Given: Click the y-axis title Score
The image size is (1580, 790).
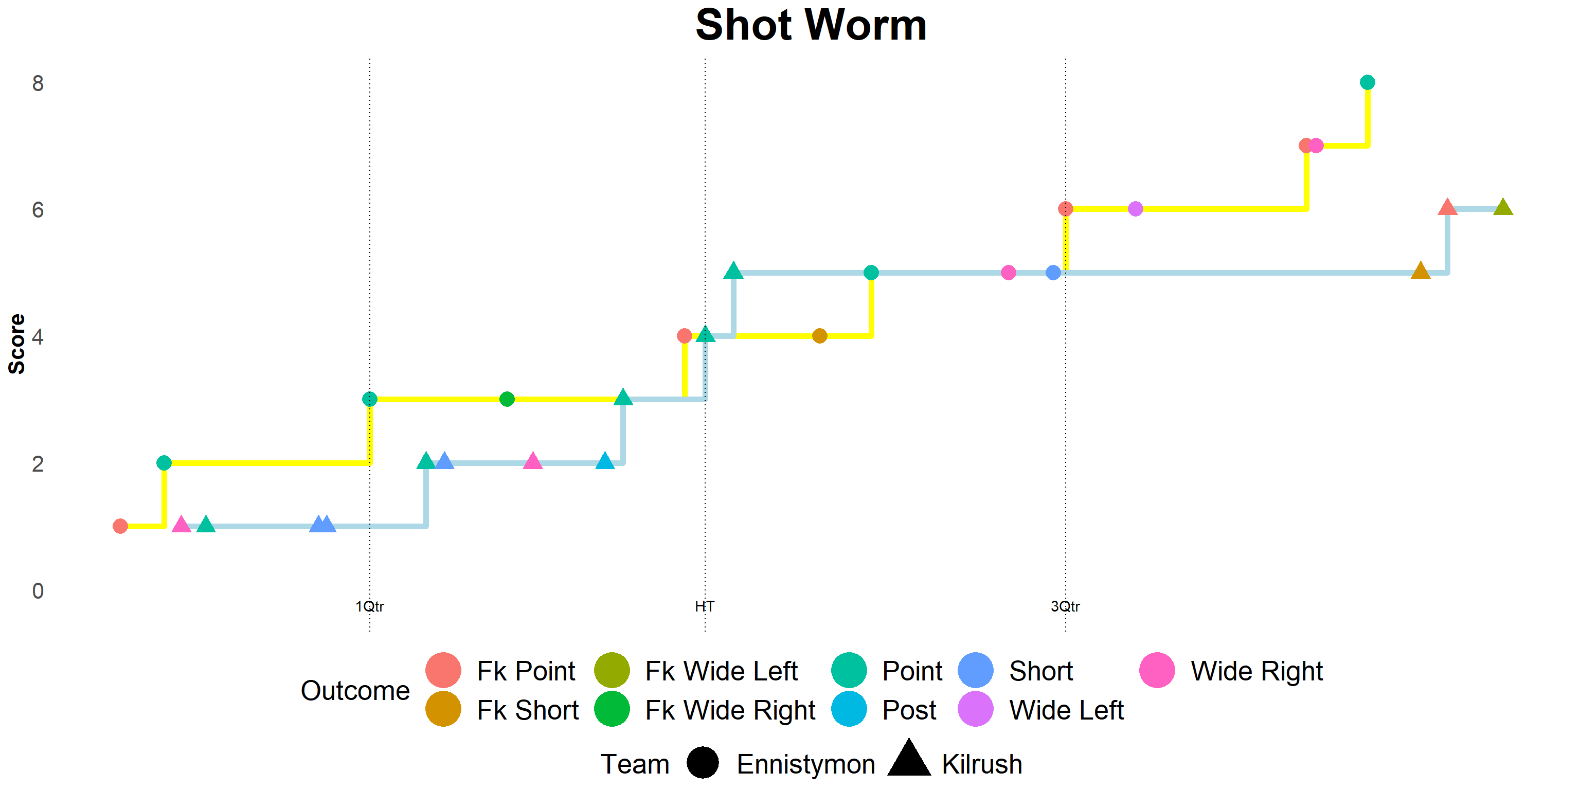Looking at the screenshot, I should pos(17,344).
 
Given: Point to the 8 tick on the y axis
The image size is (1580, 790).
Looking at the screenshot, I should pos(38,83).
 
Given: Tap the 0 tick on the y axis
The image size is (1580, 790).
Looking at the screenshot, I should pos(38,590).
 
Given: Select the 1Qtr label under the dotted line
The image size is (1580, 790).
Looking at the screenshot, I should pos(369,606).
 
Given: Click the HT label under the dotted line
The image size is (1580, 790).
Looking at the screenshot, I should pos(704,606).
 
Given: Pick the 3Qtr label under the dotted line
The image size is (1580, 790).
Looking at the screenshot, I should pos(1065,606).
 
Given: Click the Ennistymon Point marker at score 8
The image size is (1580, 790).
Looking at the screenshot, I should pos(1367,82).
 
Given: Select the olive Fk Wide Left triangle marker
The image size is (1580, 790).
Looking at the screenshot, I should pos(1503,207).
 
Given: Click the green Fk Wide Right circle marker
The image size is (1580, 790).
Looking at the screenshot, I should pos(507,399).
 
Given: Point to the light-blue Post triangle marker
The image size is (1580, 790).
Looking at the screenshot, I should pos(605,461).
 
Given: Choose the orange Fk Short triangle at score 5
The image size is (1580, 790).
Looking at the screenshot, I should pos(1421,271).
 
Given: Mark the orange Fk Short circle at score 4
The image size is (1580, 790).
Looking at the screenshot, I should pos(819,336).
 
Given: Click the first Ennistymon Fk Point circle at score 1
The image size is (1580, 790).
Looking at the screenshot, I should pos(120,526).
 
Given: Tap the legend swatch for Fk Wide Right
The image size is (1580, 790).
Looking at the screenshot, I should pos(612,710).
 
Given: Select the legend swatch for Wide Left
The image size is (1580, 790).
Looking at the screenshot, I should pos(975,710).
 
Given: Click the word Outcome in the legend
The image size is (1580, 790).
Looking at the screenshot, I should pos(354,691).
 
